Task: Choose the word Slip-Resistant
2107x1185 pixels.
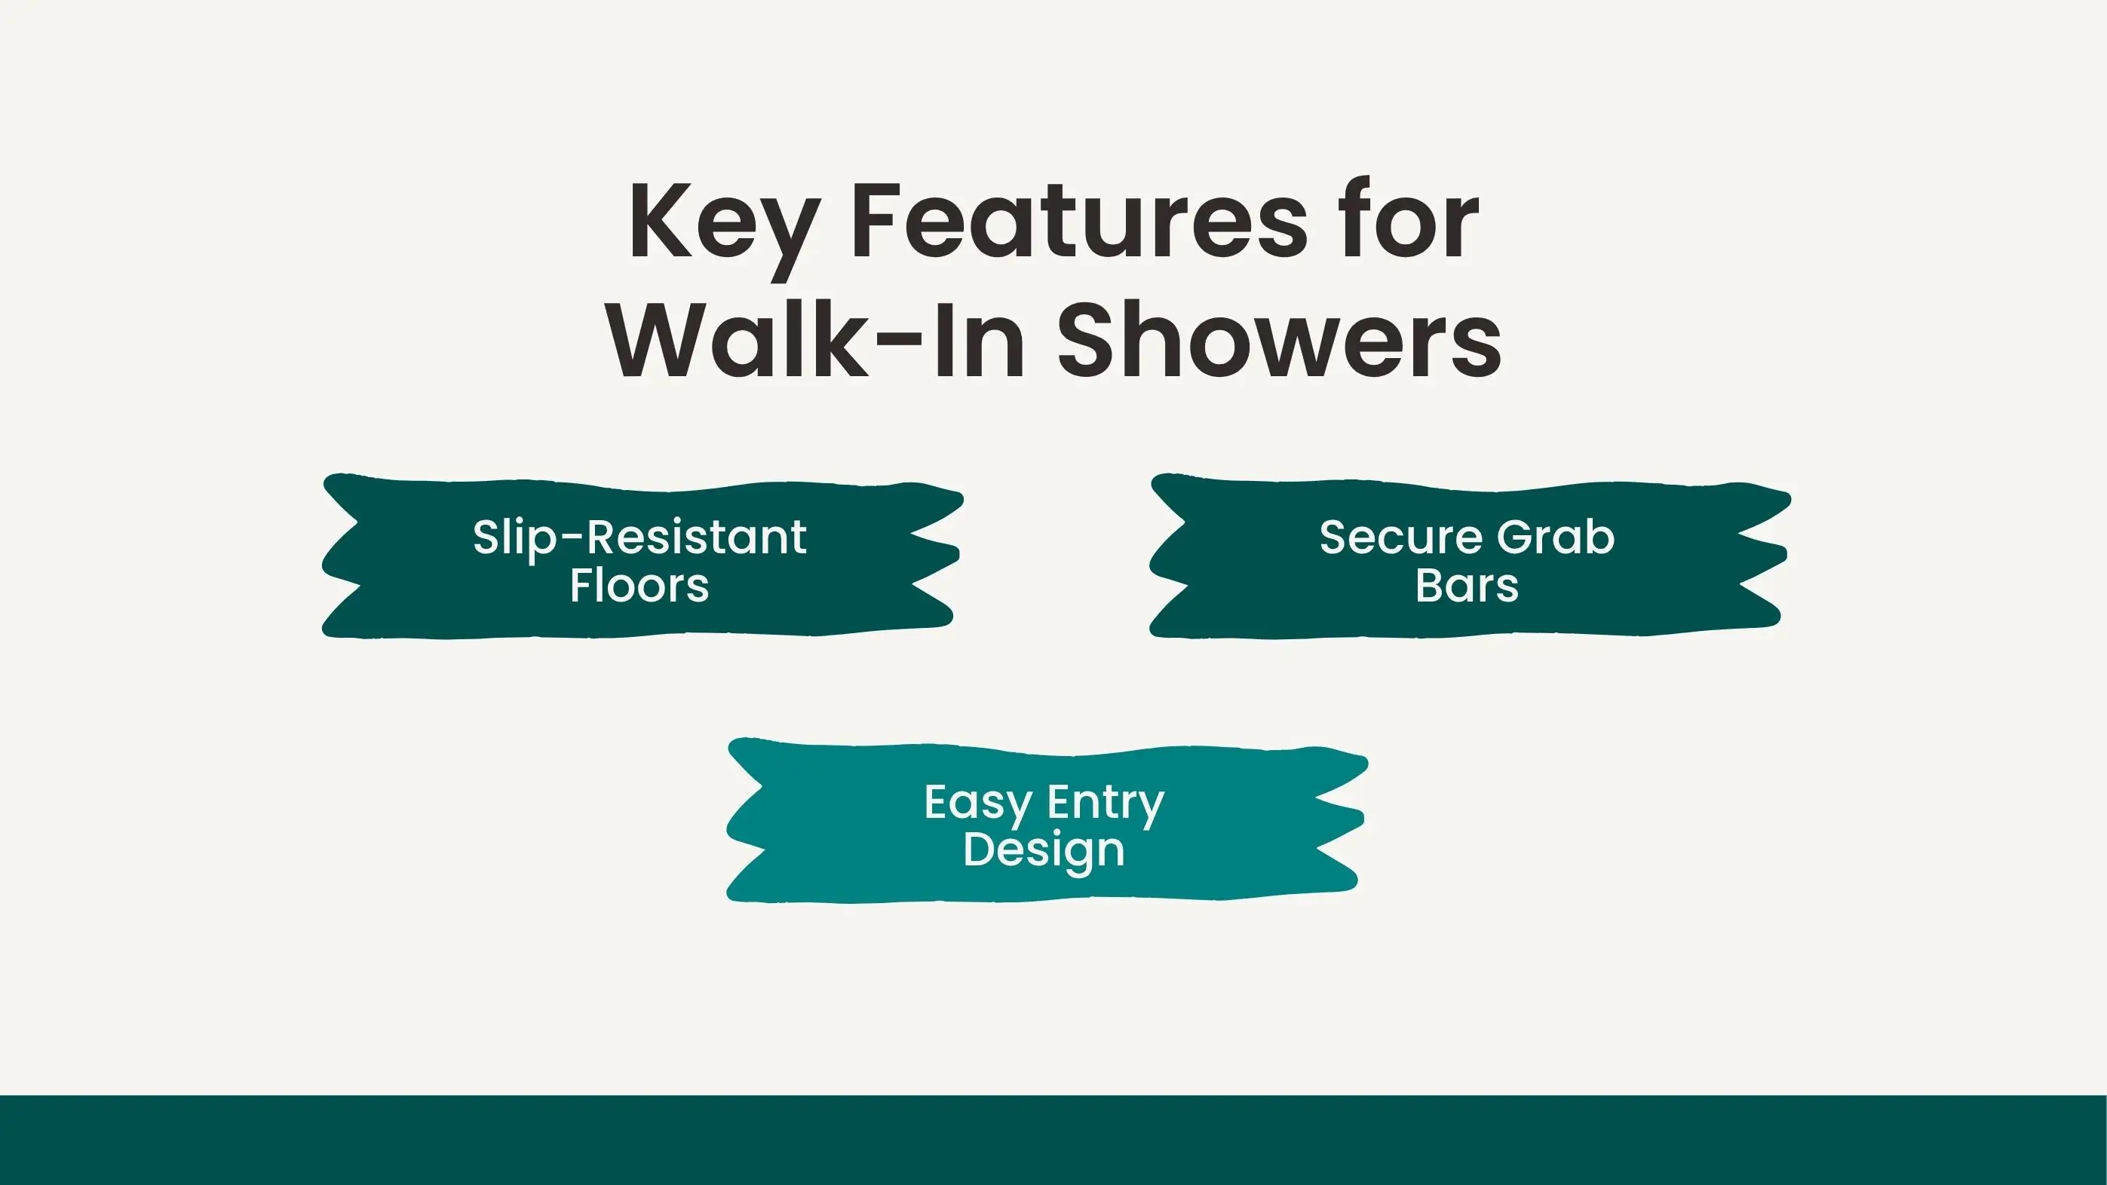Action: pyautogui.click(x=639, y=538)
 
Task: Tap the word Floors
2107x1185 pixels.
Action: pyautogui.click(x=639, y=586)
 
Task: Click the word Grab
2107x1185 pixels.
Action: pyautogui.click(x=1556, y=537)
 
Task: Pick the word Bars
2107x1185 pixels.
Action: pyautogui.click(x=1468, y=586)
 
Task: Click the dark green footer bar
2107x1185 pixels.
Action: pyautogui.click(x=1053, y=1140)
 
